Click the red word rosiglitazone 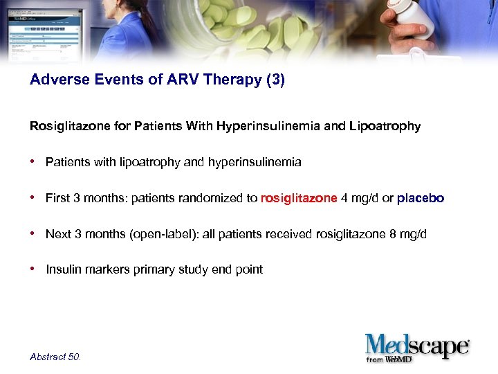click(299, 198)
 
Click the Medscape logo click(417, 347)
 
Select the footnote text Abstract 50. click(55, 357)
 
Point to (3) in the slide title click(275, 80)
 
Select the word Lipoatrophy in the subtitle click(385, 126)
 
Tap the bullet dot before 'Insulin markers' click(33, 269)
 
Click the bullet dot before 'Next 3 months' click(33, 233)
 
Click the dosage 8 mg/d click(408, 234)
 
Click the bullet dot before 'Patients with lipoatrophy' click(33, 161)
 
